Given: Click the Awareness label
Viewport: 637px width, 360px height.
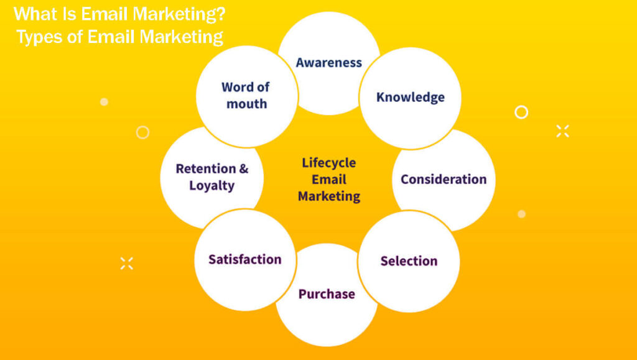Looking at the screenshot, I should [x=328, y=62].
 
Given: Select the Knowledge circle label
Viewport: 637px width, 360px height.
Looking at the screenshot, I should [x=410, y=97].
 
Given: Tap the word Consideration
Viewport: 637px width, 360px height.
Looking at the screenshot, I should [x=443, y=179].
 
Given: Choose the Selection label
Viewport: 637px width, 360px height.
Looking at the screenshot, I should [x=409, y=261].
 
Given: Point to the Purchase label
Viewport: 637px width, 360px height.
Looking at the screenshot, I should [x=327, y=293].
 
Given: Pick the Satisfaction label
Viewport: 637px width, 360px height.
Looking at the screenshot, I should [x=244, y=259].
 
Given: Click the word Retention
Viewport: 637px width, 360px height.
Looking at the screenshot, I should [x=206, y=168].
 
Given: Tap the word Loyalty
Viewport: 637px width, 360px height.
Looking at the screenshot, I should [x=212, y=185].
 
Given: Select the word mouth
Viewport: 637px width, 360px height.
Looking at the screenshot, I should [x=246, y=104].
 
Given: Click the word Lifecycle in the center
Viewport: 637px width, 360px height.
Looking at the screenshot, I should [x=328, y=163].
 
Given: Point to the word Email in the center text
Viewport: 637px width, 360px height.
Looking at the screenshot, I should [x=328, y=180].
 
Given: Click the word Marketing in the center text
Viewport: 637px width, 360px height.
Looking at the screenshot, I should [x=328, y=196].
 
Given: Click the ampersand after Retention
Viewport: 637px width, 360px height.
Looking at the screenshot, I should [x=244, y=168].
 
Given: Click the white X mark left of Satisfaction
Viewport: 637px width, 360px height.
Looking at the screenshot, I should [x=127, y=263].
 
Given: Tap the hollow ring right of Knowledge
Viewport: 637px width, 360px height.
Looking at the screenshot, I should [x=521, y=112].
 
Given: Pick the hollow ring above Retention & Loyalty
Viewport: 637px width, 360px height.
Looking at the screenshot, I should [x=142, y=132].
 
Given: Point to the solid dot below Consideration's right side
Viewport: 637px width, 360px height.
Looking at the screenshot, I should [x=521, y=214].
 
